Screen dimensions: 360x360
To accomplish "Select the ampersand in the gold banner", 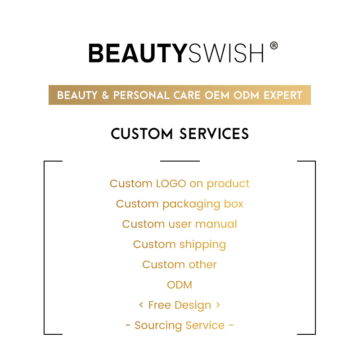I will click(104, 95).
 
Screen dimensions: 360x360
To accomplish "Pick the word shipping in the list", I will click(202, 245).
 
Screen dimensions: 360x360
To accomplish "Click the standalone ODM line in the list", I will click(180, 285).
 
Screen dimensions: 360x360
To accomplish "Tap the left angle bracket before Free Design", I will click(141, 305).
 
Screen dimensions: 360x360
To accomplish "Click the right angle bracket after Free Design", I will click(218, 305).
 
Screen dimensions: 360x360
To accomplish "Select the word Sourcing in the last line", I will click(154, 325).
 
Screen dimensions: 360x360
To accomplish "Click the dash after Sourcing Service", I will click(231, 325).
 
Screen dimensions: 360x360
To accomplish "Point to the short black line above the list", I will click(180, 161).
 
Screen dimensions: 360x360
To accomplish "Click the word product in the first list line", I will click(228, 184).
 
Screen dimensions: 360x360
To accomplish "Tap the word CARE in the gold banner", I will click(189, 95).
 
